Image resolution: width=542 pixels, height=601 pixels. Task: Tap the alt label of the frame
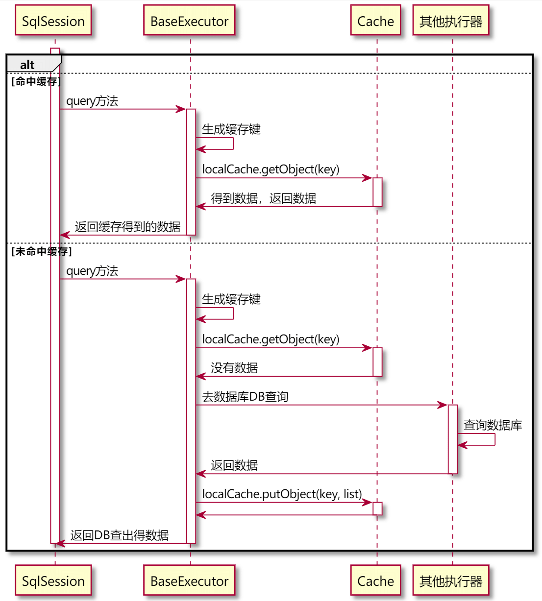pyautogui.click(x=27, y=65)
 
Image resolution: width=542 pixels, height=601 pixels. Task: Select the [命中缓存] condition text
pyautogui.click(x=36, y=81)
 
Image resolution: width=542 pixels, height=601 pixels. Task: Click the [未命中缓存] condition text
pyautogui.click(x=41, y=251)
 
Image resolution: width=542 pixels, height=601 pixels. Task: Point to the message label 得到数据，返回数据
pyautogui.click(x=263, y=198)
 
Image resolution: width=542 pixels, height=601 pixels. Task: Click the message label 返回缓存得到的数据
pyautogui.click(x=127, y=227)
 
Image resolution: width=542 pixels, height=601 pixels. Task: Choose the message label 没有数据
pyautogui.click(x=234, y=368)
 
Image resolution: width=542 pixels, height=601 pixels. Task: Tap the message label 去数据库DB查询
pyautogui.click(x=245, y=397)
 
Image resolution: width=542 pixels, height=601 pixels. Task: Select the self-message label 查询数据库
pyautogui.click(x=493, y=425)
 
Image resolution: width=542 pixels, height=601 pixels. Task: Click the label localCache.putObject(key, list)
pyautogui.click(x=282, y=494)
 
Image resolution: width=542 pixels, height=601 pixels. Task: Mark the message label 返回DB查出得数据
pyautogui.click(x=119, y=535)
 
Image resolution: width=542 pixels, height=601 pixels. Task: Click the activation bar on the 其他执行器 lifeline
pyautogui.click(x=452, y=439)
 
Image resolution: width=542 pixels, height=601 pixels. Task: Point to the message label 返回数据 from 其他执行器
pyautogui.click(x=234, y=465)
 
